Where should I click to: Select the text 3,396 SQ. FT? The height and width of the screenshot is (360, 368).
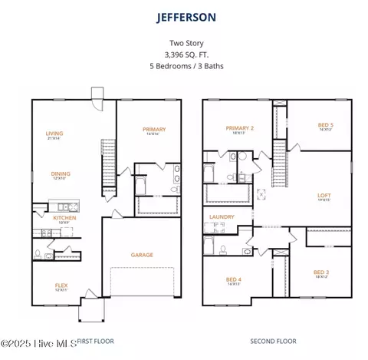pyautogui.click(x=184, y=54)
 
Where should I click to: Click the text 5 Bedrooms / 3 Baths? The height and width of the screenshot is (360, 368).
pyautogui.click(x=184, y=65)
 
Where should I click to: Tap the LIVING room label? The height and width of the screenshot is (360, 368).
pyautogui.click(x=54, y=133)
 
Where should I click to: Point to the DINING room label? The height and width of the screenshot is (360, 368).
pyautogui.click(x=51, y=173)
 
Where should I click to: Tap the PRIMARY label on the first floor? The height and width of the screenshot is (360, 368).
pyautogui.click(x=154, y=129)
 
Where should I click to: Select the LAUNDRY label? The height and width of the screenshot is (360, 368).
pyautogui.click(x=222, y=217)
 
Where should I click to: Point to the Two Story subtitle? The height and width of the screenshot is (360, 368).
pyautogui.click(x=184, y=44)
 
